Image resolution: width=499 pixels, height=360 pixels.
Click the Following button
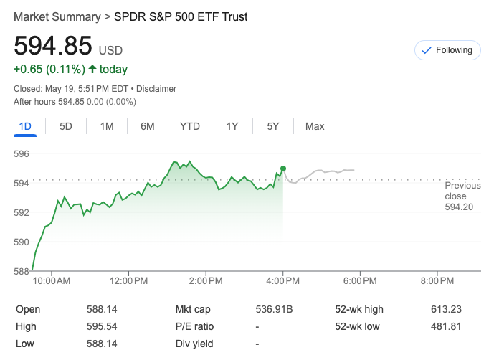pyautogui.click(x=447, y=50)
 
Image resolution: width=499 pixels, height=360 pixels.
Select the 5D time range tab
pyautogui.click(x=66, y=126)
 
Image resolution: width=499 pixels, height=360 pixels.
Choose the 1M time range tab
pyautogui.click(x=107, y=126)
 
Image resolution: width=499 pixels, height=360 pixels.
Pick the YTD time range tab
pyautogui.click(x=189, y=126)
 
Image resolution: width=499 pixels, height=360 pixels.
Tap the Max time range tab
pyautogui.click(x=315, y=126)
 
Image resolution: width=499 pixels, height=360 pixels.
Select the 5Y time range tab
pyautogui.click(x=273, y=126)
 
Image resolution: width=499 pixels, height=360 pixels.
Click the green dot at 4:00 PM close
pyautogui.click(x=283, y=169)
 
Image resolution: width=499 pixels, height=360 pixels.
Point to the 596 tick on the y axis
pyautogui.click(x=21, y=153)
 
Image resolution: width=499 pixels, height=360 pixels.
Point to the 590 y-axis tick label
pyautogui.click(x=21, y=242)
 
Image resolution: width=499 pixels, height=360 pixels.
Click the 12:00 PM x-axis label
pyautogui.click(x=129, y=280)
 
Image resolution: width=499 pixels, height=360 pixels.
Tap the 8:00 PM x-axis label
pyautogui.click(x=437, y=280)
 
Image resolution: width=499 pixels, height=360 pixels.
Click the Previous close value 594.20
pyautogui.click(x=459, y=207)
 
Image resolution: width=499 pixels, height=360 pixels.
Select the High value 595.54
pyautogui.click(x=101, y=326)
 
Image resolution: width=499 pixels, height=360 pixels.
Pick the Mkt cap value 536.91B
pyautogui.click(x=275, y=309)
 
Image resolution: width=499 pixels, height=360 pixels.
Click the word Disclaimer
pyautogui.click(x=156, y=89)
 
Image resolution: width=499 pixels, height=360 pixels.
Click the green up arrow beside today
pyautogui.click(x=92, y=70)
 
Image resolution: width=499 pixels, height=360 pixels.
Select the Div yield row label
pyautogui.click(x=194, y=344)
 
